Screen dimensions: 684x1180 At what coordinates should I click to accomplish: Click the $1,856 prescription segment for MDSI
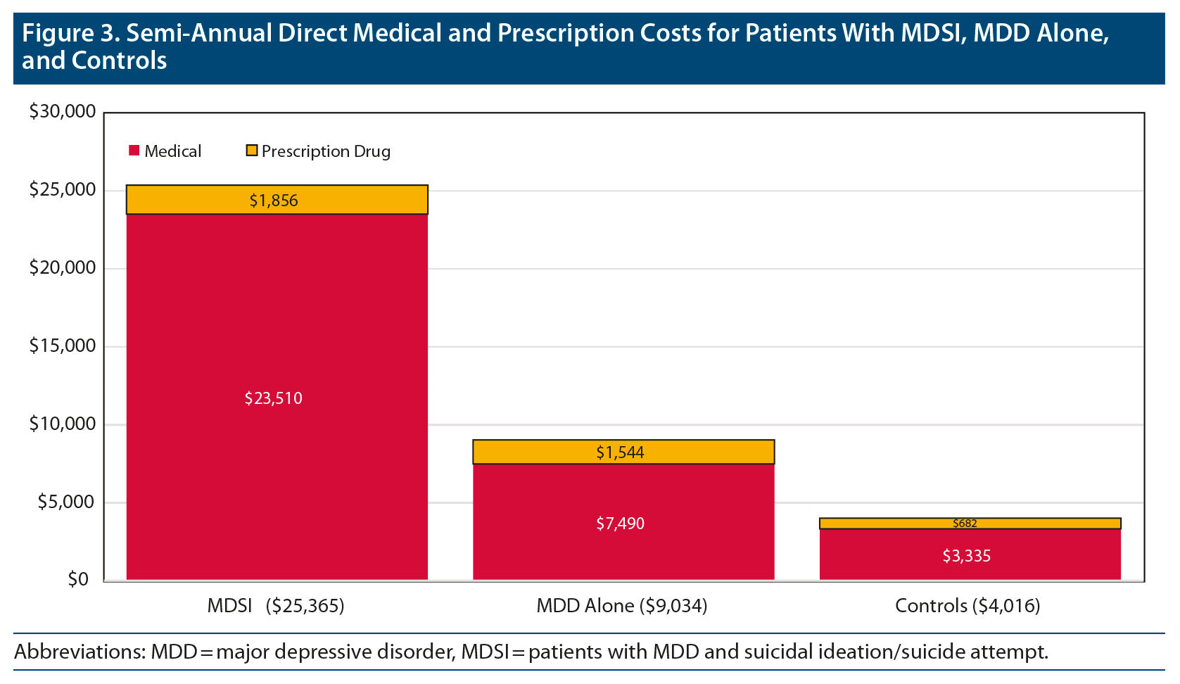tap(277, 200)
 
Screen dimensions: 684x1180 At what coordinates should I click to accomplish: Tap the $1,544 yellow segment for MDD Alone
tap(623, 452)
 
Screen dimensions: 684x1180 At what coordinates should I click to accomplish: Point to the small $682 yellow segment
tap(970, 524)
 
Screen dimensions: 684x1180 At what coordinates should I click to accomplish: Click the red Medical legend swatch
tap(134, 151)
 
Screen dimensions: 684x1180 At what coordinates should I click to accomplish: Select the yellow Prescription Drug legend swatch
tap(251, 151)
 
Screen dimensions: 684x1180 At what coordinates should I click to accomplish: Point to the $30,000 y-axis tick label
tap(62, 111)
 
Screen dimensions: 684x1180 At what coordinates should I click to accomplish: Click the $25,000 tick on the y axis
tap(62, 189)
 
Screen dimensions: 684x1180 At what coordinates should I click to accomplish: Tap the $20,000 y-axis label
tap(62, 267)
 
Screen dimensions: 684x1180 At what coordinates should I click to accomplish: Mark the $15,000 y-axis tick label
tap(62, 346)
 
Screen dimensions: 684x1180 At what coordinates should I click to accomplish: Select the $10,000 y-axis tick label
tap(62, 424)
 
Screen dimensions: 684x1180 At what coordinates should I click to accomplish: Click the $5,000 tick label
tap(66, 502)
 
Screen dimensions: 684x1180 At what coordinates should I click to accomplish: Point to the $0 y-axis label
tap(78, 579)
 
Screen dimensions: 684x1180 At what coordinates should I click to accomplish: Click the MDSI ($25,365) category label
tap(276, 606)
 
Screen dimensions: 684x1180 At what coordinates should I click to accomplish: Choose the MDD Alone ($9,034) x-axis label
tap(622, 606)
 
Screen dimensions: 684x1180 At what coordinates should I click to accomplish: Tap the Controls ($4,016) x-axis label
tap(968, 606)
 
